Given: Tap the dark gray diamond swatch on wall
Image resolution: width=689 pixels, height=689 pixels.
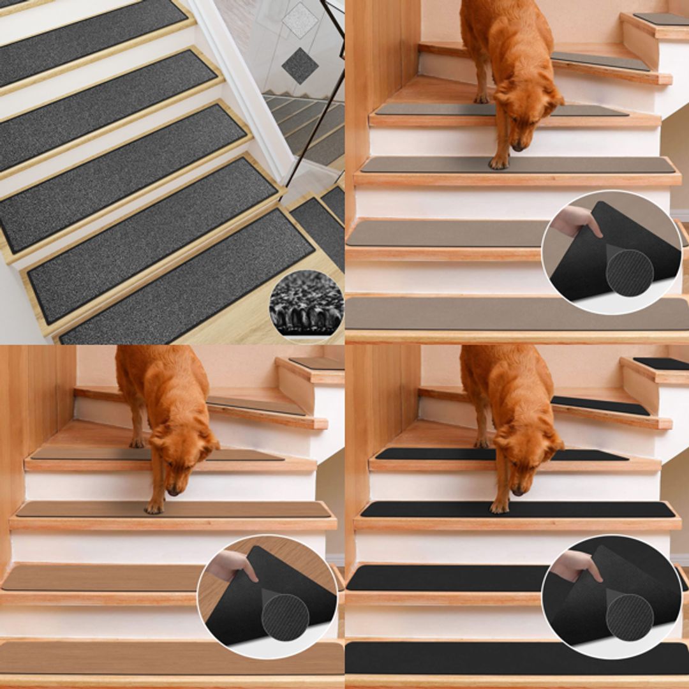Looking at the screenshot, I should click(300, 65).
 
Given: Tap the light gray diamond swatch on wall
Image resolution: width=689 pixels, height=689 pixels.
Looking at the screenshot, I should click(299, 20).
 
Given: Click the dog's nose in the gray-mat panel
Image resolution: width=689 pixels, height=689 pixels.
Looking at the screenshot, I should click(517, 147).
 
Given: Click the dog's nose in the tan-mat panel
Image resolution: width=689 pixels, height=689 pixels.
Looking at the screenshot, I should click(173, 491).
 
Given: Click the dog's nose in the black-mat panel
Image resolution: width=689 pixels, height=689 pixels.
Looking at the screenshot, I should click(517, 491).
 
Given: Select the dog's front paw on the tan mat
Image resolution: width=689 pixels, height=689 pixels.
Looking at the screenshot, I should click(154, 508).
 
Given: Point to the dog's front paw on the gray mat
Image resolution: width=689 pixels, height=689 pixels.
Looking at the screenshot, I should click(498, 163).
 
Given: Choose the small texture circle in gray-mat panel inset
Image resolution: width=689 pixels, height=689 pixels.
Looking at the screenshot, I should click(629, 273).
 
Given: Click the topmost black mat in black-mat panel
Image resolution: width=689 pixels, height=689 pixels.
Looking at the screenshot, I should click(661, 363).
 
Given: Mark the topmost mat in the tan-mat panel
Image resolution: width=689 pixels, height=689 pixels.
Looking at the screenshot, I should click(316, 363).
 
